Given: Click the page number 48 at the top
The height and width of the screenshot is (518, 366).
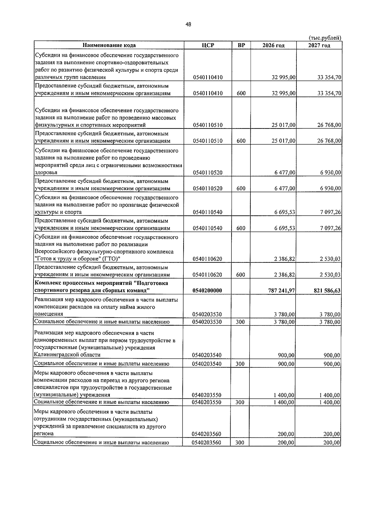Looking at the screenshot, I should (188, 25).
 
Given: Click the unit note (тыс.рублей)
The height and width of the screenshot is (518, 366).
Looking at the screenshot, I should (325, 38).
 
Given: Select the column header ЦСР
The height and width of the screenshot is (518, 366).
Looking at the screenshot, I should (208, 45).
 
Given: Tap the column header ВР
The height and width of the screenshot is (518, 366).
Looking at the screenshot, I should (241, 45).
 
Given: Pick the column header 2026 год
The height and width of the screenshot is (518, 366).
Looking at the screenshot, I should (273, 45).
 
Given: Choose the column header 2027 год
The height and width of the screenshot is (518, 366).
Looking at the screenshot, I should (319, 45).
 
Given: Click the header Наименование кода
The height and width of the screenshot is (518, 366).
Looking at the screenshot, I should (109, 45).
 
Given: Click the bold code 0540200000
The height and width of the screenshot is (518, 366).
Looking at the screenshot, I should (207, 291).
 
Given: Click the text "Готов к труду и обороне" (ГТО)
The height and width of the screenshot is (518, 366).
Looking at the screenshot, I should (77, 259).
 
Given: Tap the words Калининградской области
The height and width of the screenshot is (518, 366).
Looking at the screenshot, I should (67, 355).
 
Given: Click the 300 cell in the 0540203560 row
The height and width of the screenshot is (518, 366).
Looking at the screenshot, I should (240, 443).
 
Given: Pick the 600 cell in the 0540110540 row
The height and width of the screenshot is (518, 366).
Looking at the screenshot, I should (241, 228).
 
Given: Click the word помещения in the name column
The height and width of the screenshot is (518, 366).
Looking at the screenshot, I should (49, 314).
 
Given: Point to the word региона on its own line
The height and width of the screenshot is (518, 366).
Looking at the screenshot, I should (44, 433).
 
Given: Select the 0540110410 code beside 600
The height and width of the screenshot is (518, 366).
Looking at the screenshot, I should (208, 93).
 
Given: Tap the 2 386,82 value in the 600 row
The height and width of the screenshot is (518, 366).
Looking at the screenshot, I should (285, 275).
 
